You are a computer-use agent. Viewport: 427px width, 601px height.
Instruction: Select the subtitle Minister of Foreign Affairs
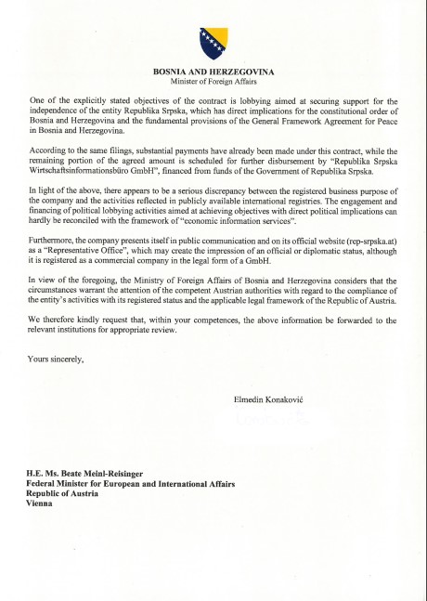point(213,82)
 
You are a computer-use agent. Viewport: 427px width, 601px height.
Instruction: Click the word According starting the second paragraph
point(51,150)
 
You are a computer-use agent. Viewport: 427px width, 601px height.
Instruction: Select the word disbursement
point(279,161)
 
